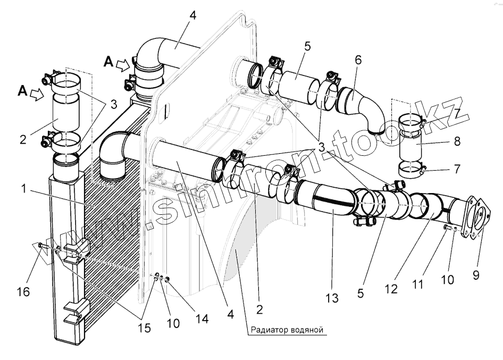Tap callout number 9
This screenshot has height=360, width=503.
click(475, 276)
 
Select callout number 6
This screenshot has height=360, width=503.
click(358, 60)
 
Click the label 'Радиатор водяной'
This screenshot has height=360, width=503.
click(285, 330)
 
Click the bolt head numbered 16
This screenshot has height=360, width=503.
click(40, 245)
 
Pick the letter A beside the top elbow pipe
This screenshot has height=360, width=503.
click(108, 62)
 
